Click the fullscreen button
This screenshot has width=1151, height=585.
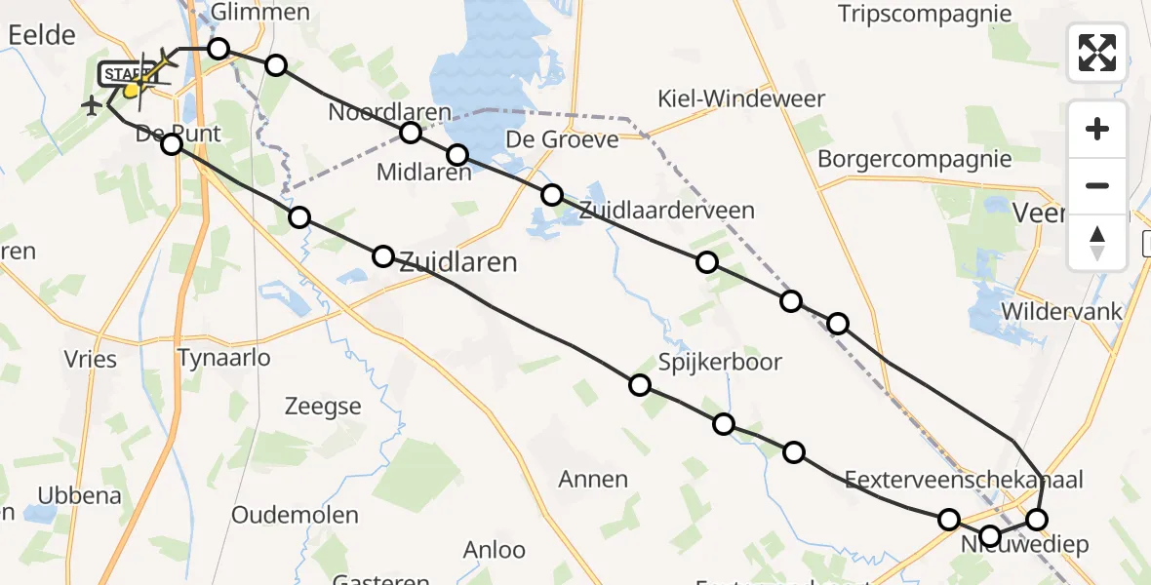[x=1097, y=53]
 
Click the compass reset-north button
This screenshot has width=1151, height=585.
[x=1097, y=242]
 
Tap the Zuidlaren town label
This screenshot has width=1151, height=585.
[x=457, y=261]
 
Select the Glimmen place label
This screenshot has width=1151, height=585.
[x=259, y=12]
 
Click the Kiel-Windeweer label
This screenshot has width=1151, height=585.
[x=741, y=98]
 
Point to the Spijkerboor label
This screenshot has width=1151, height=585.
[x=720, y=362]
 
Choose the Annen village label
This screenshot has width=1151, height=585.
[x=593, y=479]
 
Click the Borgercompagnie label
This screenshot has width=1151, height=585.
[x=914, y=158]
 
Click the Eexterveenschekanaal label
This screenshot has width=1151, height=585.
[x=964, y=479]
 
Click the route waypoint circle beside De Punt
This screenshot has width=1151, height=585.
[x=172, y=144]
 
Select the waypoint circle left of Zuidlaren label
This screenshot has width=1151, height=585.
[x=383, y=256]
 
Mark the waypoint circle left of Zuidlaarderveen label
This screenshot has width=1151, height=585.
[x=552, y=194]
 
